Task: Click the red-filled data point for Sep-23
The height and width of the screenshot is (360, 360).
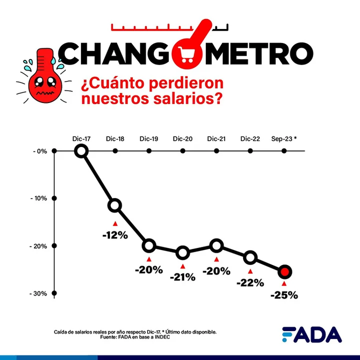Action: (x=285, y=272)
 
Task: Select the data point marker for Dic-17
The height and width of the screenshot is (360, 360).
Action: (x=81, y=151)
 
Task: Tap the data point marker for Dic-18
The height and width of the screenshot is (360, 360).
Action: (x=115, y=205)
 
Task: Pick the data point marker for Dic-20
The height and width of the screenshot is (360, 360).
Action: (x=183, y=253)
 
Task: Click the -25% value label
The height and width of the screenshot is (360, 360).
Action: (x=284, y=295)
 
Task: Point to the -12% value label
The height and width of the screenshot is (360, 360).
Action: (x=115, y=235)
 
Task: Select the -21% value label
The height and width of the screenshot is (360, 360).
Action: (x=182, y=277)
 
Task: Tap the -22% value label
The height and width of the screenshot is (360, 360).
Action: (x=250, y=283)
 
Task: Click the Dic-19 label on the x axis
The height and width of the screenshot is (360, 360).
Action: (x=149, y=139)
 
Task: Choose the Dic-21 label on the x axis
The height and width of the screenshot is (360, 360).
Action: (x=216, y=139)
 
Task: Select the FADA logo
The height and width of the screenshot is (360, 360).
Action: (x=311, y=334)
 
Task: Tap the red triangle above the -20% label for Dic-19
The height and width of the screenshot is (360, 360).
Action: (x=149, y=259)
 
